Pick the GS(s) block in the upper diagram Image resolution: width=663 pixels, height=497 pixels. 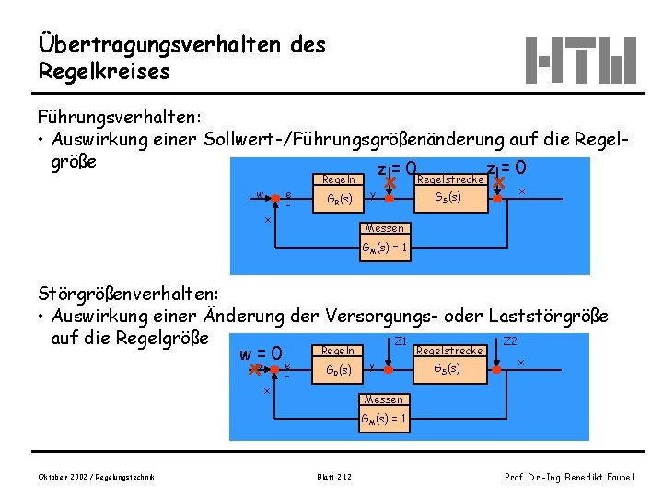447,197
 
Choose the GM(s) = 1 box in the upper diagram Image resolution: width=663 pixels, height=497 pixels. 383,247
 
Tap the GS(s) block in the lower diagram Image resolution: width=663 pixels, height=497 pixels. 447,368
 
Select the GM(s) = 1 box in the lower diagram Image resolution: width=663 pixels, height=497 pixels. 383,418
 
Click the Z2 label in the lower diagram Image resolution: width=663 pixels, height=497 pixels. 510,341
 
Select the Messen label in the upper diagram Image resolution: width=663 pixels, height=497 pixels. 383,228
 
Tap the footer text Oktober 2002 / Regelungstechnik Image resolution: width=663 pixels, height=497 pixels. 96,476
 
